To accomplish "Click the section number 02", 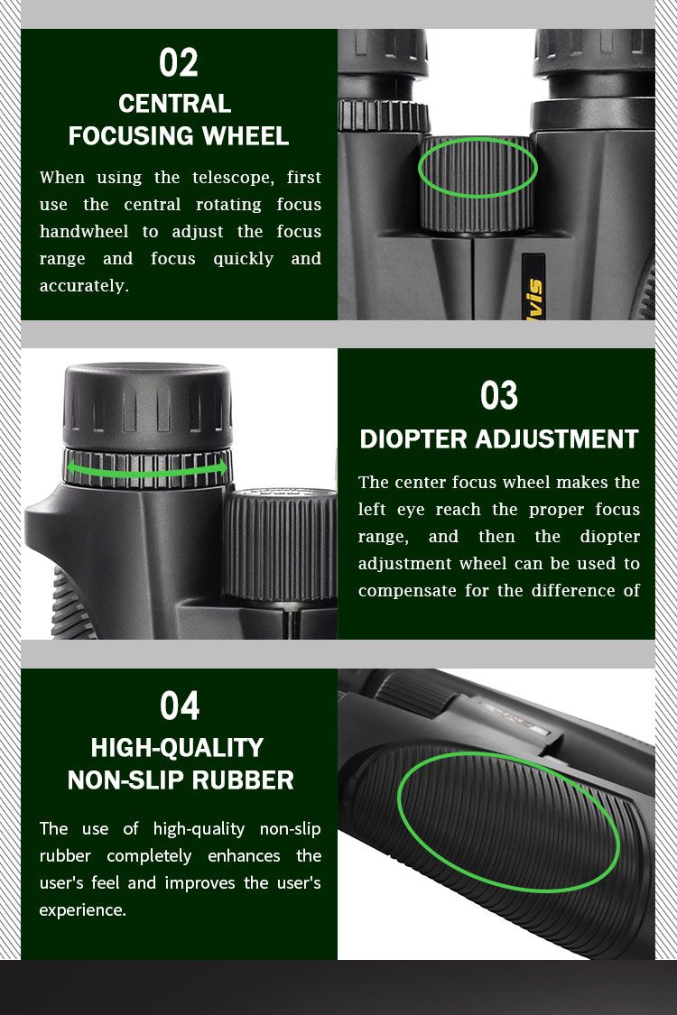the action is [178, 63].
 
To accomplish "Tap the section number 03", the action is [499, 395].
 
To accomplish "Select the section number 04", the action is [180, 706].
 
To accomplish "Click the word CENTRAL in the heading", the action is [175, 104].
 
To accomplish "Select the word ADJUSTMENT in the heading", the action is [557, 439].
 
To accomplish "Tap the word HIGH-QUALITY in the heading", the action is [177, 748].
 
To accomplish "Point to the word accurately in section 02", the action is [82, 285].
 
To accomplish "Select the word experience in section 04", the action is [80, 910].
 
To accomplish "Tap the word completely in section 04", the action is [149, 856].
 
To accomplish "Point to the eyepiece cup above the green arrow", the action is [148, 404].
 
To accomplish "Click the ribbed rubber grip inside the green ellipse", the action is [508, 822].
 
